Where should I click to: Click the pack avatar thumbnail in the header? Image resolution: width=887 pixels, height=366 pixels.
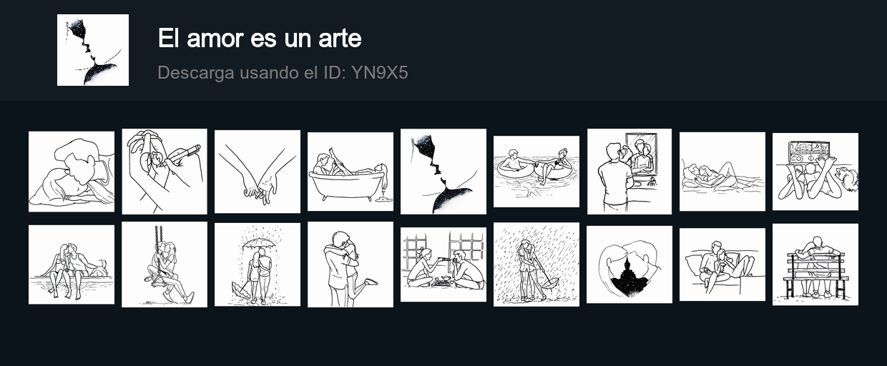(93, 50)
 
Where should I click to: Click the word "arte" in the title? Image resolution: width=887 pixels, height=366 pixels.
(340, 39)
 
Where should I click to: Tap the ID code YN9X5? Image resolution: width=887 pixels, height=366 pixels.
(379, 72)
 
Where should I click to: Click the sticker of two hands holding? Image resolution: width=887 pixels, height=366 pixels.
(258, 172)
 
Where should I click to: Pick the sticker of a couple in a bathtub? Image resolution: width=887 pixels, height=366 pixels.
(351, 172)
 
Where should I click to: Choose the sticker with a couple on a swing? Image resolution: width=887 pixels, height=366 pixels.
(165, 264)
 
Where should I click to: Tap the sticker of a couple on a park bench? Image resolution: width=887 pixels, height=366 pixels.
(815, 264)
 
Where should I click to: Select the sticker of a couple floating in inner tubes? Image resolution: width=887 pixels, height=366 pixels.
(536, 172)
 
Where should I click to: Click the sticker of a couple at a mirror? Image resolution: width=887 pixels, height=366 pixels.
(629, 172)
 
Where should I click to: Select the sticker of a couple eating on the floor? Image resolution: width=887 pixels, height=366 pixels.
(443, 264)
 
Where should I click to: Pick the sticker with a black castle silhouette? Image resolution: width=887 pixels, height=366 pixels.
(629, 264)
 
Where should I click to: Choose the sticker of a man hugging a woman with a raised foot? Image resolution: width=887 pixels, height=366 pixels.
(351, 264)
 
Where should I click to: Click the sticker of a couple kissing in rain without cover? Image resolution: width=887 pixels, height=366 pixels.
(536, 264)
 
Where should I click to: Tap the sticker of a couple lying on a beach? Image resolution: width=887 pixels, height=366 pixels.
(722, 172)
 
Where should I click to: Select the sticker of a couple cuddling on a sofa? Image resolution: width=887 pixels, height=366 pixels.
(722, 264)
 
